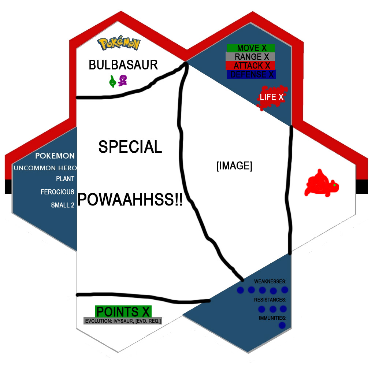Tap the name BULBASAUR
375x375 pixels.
[123, 65]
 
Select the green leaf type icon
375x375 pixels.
[112, 81]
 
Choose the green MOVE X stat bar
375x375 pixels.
[250, 48]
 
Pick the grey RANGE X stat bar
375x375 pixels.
[250, 57]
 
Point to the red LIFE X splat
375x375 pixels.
[272, 97]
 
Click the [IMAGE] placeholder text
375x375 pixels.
[234, 166]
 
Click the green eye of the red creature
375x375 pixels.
[334, 185]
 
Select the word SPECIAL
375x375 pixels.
[130, 147]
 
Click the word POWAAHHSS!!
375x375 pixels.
[130, 200]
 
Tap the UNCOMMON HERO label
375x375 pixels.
[45, 168]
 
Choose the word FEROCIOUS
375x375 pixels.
[57, 192]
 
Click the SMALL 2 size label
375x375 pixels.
[63, 205]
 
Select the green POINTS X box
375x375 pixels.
[123, 312]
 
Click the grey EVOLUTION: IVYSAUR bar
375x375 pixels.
[123, 321]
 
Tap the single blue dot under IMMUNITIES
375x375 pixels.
[282, 325]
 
